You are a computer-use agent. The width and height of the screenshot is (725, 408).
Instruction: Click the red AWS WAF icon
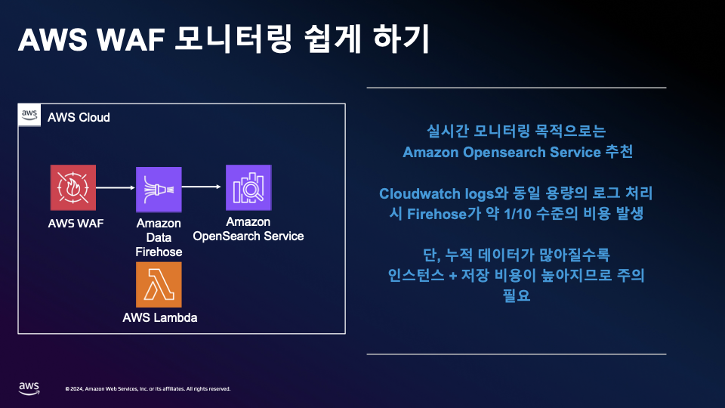pos(74,187)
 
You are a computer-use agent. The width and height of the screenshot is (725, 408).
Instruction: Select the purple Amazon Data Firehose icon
pos(159,190)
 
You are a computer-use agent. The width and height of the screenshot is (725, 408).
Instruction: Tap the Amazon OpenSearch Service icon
pos(248,187)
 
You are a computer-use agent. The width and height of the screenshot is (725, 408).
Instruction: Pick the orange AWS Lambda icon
pos(159,285)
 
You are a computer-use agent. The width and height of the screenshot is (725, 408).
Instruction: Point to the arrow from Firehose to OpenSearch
pos(202,186)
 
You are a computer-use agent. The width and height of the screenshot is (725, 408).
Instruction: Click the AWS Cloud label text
pos(79,117)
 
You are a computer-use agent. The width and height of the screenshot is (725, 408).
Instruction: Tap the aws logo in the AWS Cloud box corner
pos(29,115)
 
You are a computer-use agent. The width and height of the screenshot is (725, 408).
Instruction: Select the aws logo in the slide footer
pos(29,388)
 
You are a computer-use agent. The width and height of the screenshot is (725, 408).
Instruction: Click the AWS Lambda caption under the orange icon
pos(160,317)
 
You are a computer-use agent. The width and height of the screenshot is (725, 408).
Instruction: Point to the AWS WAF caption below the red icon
pos(76,224)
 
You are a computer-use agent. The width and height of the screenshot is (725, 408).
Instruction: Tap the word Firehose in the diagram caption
pos(159,252)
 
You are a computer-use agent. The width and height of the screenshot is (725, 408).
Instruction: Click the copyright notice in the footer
pos(148,389)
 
